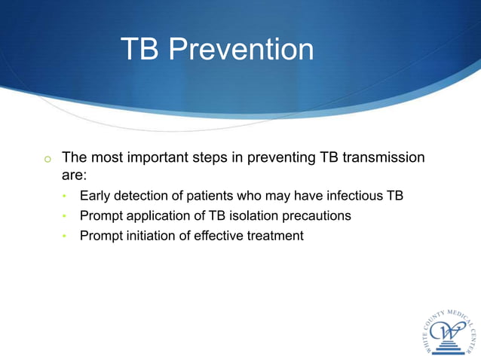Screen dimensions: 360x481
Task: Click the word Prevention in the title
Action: click(x=241, y=50)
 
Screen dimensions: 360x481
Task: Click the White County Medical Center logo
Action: click(x=449, y=331)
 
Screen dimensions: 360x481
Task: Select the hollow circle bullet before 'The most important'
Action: click(x=47, y=159)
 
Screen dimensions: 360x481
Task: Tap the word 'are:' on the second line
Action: click(x=75, y=175)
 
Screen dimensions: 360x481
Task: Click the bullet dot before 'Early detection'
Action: click(x=65, y=197)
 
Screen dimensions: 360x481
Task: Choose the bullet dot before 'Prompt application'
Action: click(x=65, y=217)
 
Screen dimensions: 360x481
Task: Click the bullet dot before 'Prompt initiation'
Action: click(x=65, y=236)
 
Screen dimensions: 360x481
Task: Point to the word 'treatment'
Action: click(x=275, y=236)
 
